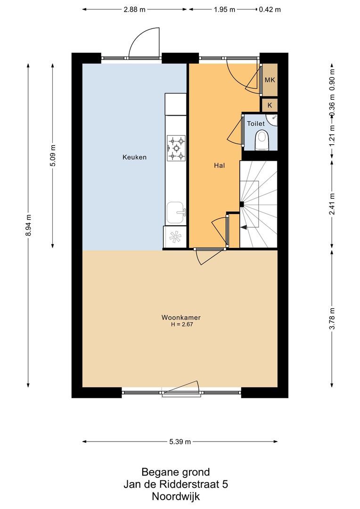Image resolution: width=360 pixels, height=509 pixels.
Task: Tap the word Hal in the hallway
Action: tap(219, 165)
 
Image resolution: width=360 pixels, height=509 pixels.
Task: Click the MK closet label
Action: tap(270, 80)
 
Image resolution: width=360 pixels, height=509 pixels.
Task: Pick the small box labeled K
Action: tap(270, 105)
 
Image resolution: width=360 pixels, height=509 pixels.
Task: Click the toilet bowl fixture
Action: tap(261, 140)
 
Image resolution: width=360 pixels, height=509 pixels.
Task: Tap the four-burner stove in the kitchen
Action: tap(176, 148)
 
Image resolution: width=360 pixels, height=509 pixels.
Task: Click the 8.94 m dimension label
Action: tap(29, 224)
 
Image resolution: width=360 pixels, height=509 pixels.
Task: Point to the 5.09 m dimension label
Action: tap(53, 155)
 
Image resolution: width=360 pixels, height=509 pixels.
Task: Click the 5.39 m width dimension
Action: tap(180, 442)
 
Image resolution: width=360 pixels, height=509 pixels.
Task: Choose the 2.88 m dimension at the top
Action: tap(134, 9)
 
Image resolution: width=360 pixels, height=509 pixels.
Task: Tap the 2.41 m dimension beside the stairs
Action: tap(332, 204)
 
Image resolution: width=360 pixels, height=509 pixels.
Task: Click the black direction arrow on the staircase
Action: tap(244, 227)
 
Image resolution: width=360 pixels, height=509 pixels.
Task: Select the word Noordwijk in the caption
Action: tap(175, 496)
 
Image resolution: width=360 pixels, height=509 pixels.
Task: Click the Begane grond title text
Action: tap(175, 472)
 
